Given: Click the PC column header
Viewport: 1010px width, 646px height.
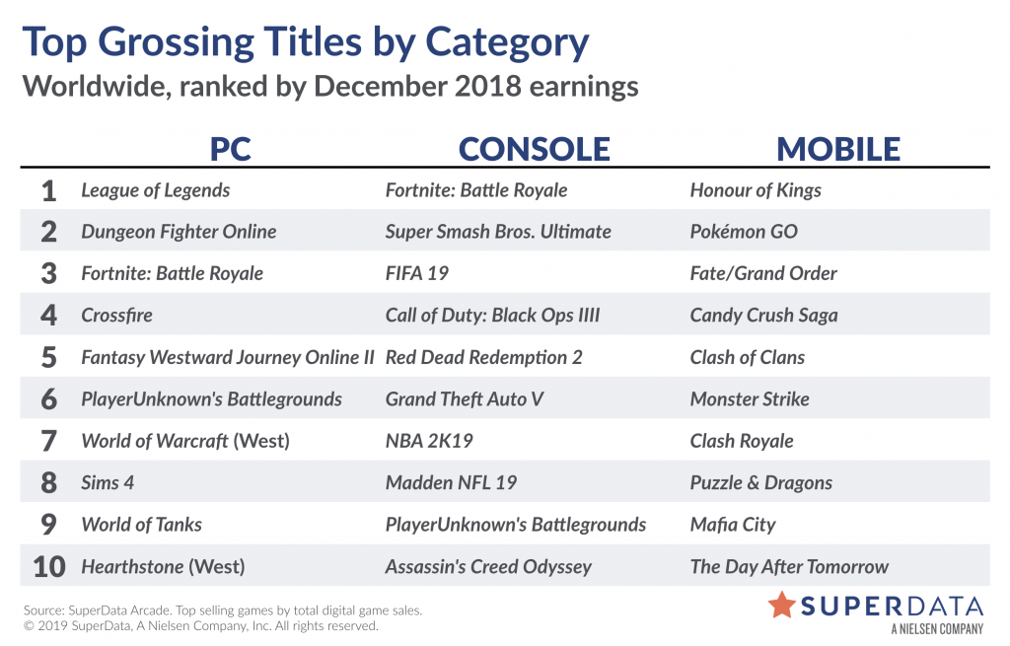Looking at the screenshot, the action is point(230,150).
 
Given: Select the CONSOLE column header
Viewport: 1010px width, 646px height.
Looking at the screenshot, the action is point(534,150).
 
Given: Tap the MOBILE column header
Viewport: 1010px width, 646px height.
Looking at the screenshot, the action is point(838,150).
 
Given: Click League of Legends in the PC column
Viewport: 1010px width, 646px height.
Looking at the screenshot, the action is point(155,190).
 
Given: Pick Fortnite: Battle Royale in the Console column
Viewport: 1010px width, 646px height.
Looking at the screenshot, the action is point(476,190).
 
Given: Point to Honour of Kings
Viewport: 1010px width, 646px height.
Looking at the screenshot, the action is point(756,190).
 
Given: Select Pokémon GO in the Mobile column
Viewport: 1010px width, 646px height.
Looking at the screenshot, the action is point(744,231).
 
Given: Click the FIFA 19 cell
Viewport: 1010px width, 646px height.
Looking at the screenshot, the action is point(417,274).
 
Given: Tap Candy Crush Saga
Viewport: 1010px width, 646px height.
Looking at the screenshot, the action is point(764,316).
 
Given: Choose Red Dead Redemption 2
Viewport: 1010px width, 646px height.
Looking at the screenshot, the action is point(483,357).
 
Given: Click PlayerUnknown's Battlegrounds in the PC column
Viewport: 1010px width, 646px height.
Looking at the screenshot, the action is point(211,399).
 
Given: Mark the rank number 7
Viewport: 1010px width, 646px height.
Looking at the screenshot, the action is point(49,441).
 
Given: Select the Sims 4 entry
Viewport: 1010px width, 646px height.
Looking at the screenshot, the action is point(108,483).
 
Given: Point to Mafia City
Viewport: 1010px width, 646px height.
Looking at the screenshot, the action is point(733,525).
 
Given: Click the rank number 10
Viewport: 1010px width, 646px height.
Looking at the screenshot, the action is point(49,567).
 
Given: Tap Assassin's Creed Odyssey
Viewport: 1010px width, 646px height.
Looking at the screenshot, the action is point(488,567).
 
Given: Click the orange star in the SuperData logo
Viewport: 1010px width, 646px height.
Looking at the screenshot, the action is point(782,605).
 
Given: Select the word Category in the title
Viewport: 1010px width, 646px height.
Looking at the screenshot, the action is point(507,43).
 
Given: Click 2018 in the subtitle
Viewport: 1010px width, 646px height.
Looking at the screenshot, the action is point(487,87).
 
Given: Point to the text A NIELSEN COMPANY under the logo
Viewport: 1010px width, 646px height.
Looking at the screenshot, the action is point(937,628).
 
